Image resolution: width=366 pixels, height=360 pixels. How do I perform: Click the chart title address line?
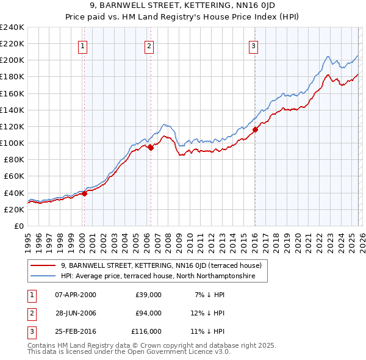pyautogui.click(x=182, y=6)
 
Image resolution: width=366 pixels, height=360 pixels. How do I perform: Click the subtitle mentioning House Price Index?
pyautogui.click(x=182, y=16)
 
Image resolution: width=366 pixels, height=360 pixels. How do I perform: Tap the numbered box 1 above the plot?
pyautogui.click(x=82, y=45)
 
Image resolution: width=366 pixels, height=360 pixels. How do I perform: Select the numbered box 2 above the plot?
pyautogui.click(x=149, y=45)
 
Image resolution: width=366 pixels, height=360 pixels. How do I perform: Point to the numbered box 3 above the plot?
pyautogui.click(x=254, y=45)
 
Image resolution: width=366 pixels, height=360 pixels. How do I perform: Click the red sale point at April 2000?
pyautogui.click(x=85, y=193)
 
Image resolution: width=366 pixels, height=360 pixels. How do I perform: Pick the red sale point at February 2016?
pyautogui.click(x=256, y=129)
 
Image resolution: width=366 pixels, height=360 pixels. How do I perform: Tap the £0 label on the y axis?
pyautogui.click(x=19, y=226)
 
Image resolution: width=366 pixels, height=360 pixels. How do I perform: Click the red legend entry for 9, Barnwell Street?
pyautogui.click(x=161, y=265)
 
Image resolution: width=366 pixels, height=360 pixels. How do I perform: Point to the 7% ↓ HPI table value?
pyautogui.click(x=208, y=295)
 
